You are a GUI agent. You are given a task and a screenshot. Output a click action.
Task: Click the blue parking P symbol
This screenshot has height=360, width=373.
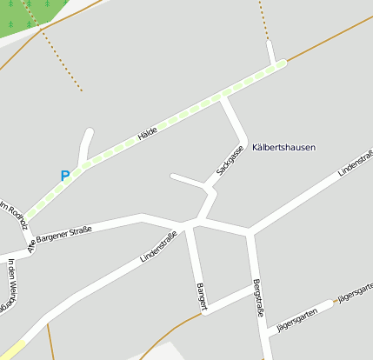pos(64,175)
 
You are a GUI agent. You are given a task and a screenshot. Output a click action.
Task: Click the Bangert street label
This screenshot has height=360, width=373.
pos(201,295)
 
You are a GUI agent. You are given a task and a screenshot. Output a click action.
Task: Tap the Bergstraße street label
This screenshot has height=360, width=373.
pos(256,297)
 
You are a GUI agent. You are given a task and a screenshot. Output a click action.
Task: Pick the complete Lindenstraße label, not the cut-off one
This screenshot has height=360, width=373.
pos(158,246)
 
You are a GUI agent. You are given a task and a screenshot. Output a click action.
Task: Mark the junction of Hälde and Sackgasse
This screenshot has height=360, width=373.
pos(223,97)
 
